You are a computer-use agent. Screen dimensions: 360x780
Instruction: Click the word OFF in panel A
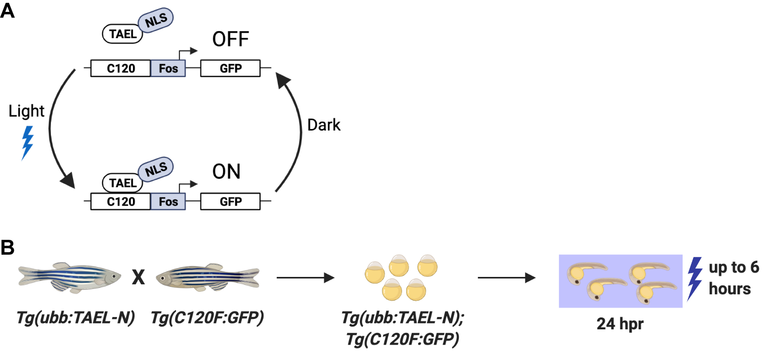(230, 39)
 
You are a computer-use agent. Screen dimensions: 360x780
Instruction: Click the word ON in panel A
(226, 172)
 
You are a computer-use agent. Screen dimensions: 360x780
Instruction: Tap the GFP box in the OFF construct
(230, 68)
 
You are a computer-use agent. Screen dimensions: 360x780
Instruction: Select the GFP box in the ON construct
(230, 202)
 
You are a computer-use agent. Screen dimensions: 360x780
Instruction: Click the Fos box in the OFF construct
(168, 68)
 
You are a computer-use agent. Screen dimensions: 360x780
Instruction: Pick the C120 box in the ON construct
(121, 202)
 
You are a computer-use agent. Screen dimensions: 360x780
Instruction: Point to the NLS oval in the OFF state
(156, 20)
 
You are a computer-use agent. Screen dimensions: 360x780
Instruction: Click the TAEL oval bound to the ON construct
(123, 183)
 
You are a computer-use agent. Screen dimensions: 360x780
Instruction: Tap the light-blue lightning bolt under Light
(28, 142)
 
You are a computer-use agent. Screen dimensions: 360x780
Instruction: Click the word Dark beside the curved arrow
(324, 125)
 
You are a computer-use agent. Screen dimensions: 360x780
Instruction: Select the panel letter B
(7, 247)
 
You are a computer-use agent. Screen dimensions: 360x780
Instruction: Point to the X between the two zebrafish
(138, 277)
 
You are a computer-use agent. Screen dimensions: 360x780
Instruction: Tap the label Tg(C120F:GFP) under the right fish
(207, 317)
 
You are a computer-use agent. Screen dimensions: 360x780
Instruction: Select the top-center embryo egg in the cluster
(399, 266)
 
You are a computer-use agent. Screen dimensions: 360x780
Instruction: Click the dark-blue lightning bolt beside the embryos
(694, 278)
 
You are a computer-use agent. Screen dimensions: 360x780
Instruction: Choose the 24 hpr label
(620, 324)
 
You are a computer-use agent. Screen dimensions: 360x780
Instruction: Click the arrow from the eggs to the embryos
(506, 278)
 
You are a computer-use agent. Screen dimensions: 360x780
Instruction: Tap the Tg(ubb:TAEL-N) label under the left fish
(76, 317)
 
